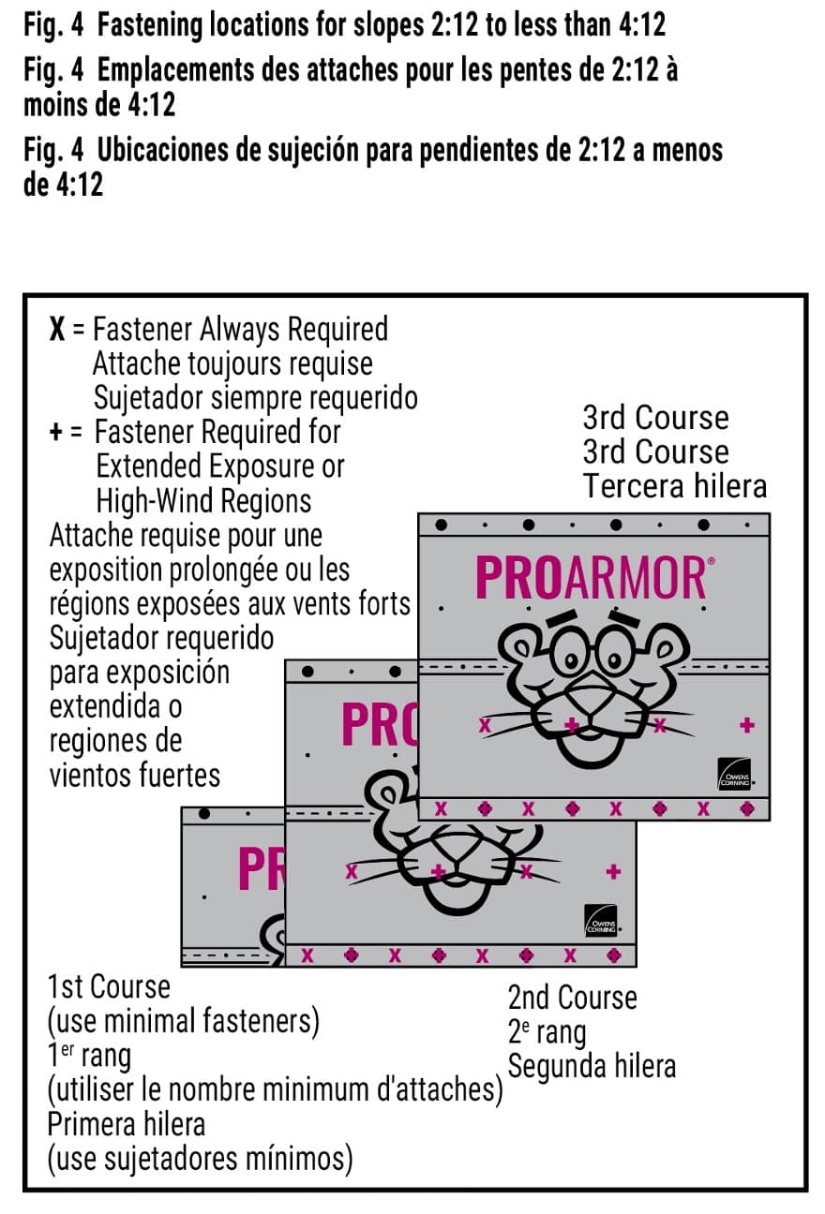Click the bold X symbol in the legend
(x=57, y=331)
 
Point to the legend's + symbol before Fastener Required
(x=57, y=433)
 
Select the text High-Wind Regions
(x=203, y=500)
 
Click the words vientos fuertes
(x=135, y=776)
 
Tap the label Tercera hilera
(x=674, y=486)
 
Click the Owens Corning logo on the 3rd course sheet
(x=734, y=774)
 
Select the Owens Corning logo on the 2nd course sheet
(x=601, y=922)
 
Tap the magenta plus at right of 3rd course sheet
(x=747, y=724)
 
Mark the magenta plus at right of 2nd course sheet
(x=613, y=872)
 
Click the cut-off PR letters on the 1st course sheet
(x=260, y=869)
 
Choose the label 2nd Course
(x=572, y=998)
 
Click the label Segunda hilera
(x=592, y=1066)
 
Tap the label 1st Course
(x=109, y=987)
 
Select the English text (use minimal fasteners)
(x=184, y=1021)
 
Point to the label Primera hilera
(x=127, y=1123)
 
